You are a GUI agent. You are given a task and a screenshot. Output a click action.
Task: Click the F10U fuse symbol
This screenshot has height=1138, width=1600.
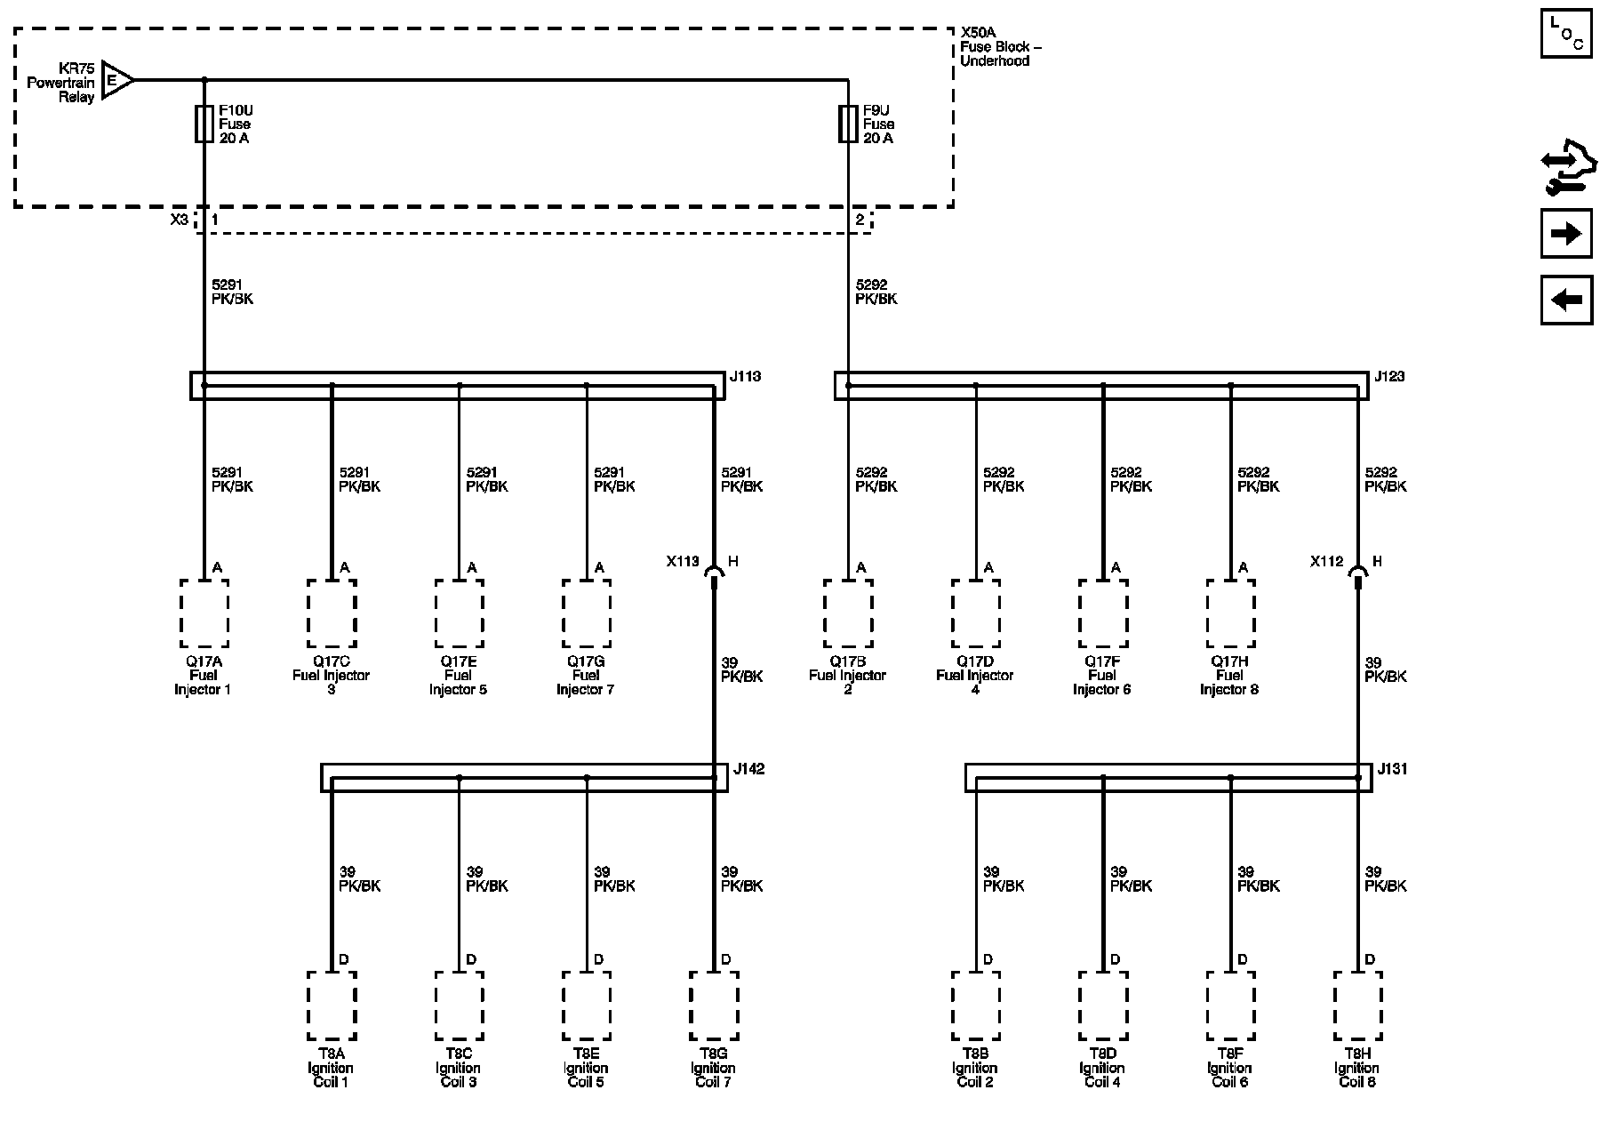pyautogui.click(x=204, y=124)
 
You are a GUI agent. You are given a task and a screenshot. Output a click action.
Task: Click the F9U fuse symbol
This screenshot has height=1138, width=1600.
pyautogui.click(x=848, y=124)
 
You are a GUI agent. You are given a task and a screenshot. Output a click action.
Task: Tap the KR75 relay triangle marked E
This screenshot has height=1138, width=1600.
pyautogui.click(x=116, y=81)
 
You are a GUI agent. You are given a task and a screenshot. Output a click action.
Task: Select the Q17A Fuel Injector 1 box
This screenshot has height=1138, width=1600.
pyautogui.click(x=204, y=613)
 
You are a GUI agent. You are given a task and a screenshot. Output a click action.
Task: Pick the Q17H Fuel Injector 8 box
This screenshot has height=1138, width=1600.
pyautogui.click(x=1230, y=613)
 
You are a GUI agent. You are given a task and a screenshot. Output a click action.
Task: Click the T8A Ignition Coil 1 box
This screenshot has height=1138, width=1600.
pyautogui.click(x=332, y=1006)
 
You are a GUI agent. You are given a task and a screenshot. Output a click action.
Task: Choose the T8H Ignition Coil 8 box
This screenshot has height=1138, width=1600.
pyautogui.click(x=1357, y=1006)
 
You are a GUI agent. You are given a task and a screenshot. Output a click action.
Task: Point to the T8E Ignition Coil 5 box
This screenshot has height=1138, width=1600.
pyautogui.click(x=586, y=1006)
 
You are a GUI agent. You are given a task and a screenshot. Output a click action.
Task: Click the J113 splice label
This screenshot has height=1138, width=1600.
pyautogui.click(x=745, y=377)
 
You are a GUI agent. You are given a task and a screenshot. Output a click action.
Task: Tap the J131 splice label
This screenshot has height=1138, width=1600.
pyautogui.click(x=1392, y=769)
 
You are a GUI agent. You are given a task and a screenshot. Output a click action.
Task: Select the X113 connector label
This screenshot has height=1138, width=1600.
pyautogui.click(x=683, y=562)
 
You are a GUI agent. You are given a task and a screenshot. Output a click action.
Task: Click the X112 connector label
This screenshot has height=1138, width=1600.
pyautogui.click(x=1326, y=562)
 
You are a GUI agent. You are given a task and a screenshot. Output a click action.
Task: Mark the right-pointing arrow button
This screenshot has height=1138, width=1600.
pyautogui.click(x=1565, y=234)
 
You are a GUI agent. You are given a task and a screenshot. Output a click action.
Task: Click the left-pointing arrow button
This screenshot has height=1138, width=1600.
pyautogui.click(x=1565, y=300)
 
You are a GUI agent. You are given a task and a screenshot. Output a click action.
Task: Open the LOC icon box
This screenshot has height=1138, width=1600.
pyautogui.click(x=1565, y=34)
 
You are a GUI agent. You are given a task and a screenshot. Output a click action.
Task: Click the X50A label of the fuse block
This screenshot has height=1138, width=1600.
pyautogui.click(x=979, y=32)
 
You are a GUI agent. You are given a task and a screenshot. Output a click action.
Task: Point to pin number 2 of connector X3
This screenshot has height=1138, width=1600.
pyautogui.click(x=860, y=220)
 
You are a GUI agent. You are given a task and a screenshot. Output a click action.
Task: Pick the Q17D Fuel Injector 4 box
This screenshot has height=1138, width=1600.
pyautogui.click(x=975, y=613)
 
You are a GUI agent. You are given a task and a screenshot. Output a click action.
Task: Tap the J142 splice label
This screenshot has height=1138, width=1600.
pyautogui.click(x=748, y=769)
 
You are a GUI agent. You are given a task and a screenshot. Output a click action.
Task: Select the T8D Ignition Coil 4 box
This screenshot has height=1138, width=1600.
pyautogui.click(x=1103, y=1006)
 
